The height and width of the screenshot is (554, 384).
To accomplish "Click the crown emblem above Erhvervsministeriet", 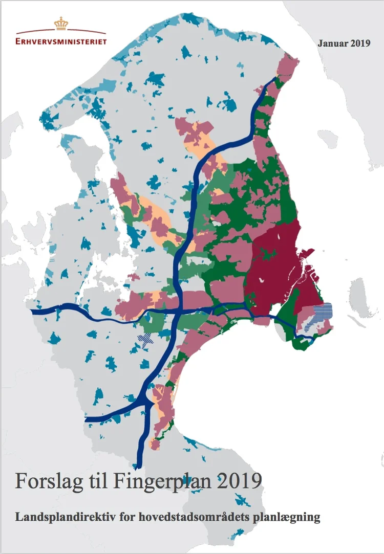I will tap(61, 23).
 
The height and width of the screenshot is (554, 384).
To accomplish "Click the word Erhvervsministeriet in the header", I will tap(61, 41).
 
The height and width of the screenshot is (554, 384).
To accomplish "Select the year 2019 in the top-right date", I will tap(360, 43).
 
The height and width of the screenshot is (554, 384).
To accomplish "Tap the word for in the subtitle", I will tap(125, 517).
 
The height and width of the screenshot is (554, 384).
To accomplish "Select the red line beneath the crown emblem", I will tap(61, 32).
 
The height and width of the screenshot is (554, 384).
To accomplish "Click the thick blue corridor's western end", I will tap(34, 311).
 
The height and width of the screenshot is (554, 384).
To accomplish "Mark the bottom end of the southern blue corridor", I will tap(138, 463).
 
